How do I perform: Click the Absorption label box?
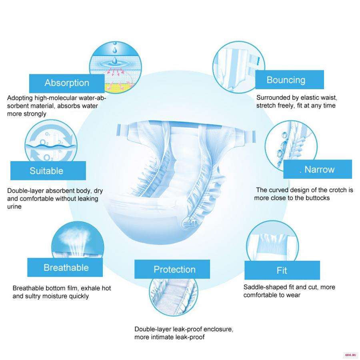point(67,83)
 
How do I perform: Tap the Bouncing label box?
point(290,80)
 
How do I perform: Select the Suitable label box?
point(48,170)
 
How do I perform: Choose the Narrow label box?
point(318,169)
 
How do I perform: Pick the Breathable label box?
point(65,268)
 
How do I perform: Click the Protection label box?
point(172,269)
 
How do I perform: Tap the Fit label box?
point(282,270)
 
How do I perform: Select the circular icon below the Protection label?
point(174,297)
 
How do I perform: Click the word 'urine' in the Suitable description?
point(14,207)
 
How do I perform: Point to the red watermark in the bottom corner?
point(350,355)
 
